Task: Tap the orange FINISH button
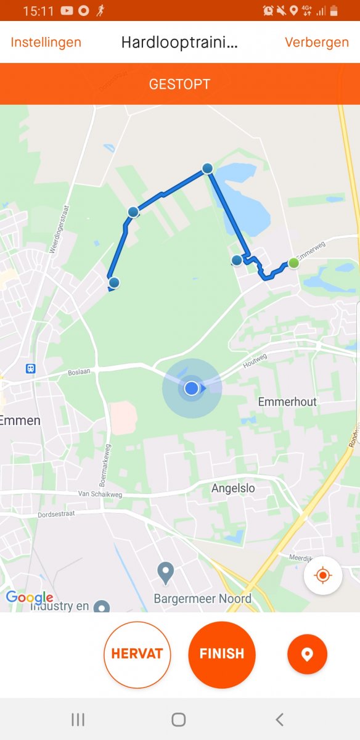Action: [222, 654]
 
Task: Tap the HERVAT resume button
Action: [137, 654]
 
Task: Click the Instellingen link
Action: [46, 43]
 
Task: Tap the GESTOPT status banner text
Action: [179, 84]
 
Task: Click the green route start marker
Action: [294, 263]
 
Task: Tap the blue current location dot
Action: [192, 388]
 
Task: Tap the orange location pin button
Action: [307, 654]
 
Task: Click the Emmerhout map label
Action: [287, 402]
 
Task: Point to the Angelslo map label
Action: [233, 488]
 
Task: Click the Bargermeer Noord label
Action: [202, 599]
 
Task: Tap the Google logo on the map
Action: [29, 597]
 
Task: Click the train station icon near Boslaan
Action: [30, 369]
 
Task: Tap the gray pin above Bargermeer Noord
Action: [165, 573]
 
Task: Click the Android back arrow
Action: [280, 719]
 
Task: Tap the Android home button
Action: [179, 719]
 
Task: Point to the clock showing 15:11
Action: [38, 10]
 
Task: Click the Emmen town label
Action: [20, 421]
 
